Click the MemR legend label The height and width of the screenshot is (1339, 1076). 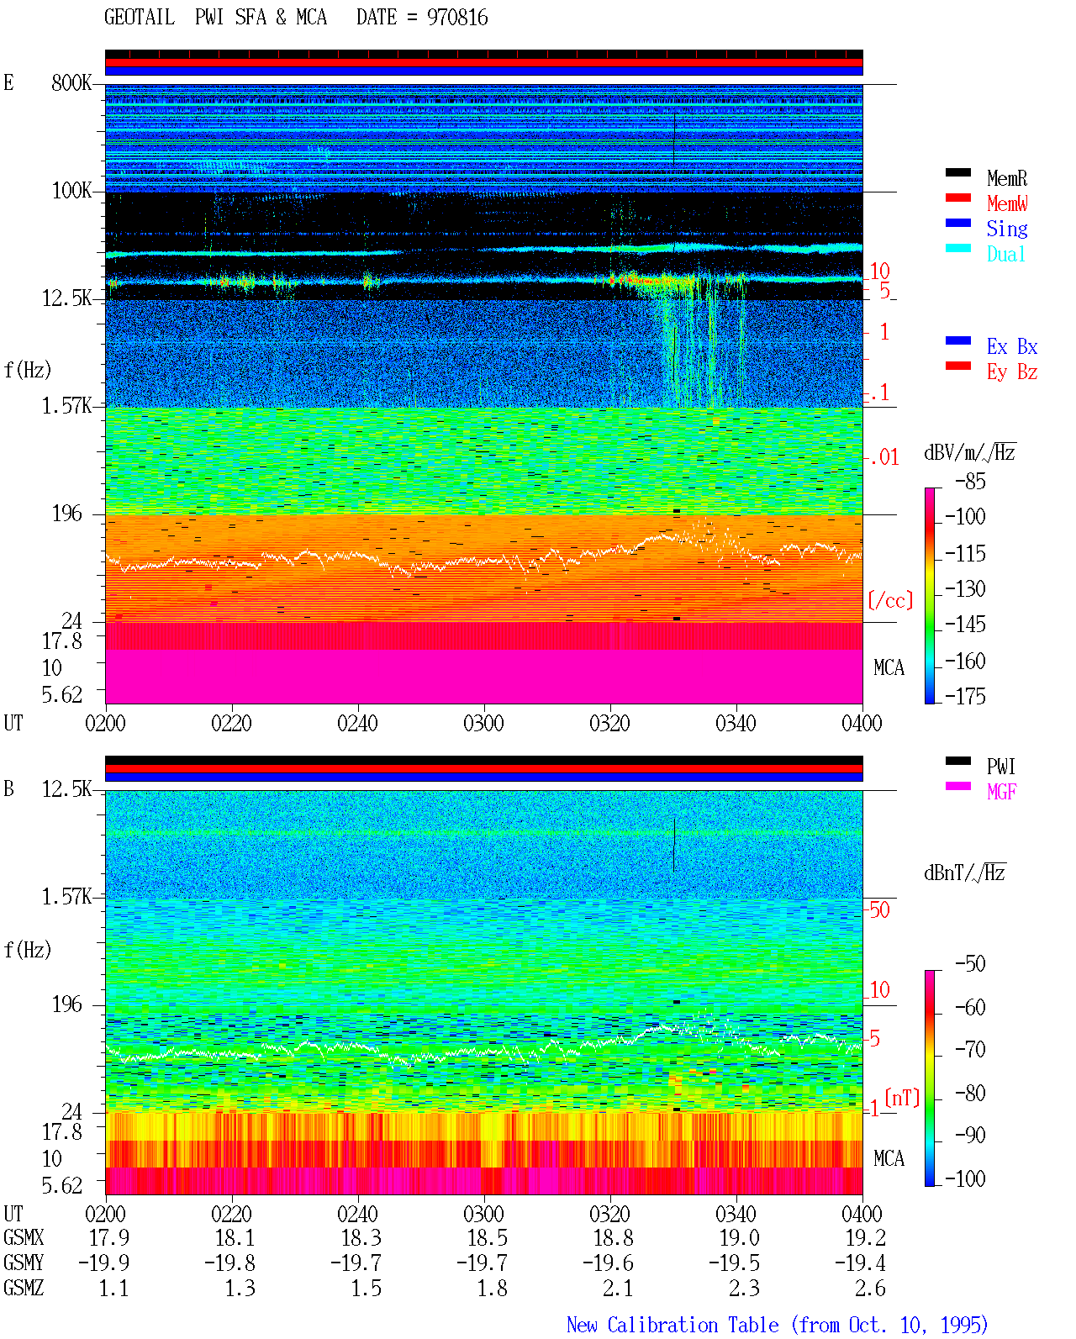(x=1006, y=178)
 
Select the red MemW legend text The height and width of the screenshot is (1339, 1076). (x=1007, y=203)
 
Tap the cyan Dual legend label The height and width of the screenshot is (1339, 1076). (x=1005, y=254)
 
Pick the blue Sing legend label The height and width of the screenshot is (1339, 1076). (x=1006, y=229)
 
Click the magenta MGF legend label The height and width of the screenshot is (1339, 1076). (x=1001, y=792)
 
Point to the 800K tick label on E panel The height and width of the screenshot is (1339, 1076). (x=71, y=82)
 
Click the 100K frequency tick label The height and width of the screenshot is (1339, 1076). (x=71, y=191)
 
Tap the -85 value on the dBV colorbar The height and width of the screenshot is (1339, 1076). (x=970, y=481)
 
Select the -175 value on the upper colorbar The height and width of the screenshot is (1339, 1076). (x=965, y=696)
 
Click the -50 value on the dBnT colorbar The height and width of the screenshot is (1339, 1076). (x=970, y=964)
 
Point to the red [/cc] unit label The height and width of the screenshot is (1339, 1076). (x=890, y=600)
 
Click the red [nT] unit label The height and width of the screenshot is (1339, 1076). (x=902, y=1098)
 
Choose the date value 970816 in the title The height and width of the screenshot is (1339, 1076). (x=456, y=18)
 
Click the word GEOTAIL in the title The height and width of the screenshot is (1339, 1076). (x=140, y=17)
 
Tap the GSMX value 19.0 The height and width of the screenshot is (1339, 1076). (x=739, y=1237)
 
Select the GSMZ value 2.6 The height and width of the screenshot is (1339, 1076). (x=870, y=1288)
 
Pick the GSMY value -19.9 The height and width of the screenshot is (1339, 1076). (x=103, y=1263)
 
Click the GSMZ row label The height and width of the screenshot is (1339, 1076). (x=24, y=1288)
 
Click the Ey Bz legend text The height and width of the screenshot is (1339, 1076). (x=1012, y=372)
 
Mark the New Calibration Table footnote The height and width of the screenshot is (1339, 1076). (x=777, y=1325)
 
